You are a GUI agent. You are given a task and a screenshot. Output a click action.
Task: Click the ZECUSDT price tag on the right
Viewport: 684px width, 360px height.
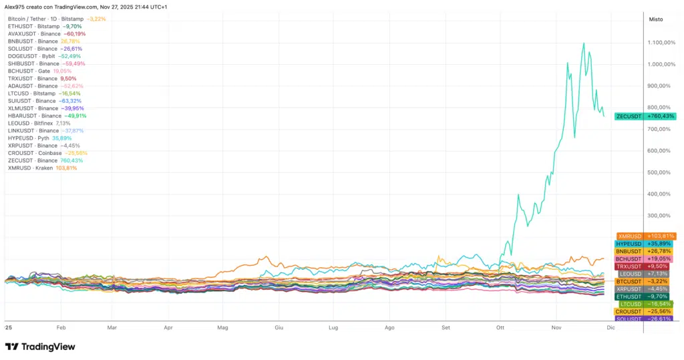tap(645, 116)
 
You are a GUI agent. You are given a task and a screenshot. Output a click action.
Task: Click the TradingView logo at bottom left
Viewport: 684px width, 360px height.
tap(40, 347)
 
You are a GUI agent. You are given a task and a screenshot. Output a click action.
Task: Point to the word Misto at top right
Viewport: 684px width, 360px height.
tap(656, 19)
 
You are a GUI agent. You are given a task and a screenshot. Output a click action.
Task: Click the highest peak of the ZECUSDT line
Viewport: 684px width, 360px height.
tap(584, 43)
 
